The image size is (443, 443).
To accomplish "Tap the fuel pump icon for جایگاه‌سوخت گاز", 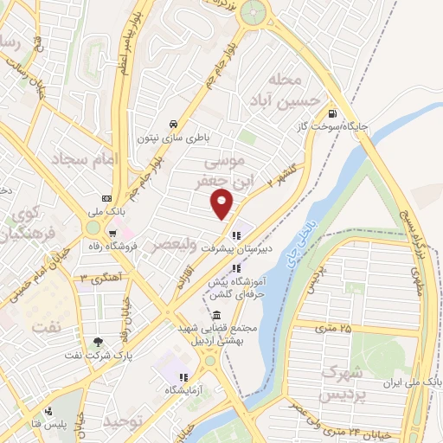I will tap(332, 113).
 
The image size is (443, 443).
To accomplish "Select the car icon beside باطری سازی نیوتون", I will tap(175, 124).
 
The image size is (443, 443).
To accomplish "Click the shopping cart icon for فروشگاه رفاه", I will tap(112, 234).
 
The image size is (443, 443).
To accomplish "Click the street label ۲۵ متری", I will tap(333, 329).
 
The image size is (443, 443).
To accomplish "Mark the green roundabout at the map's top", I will tap(254, 12).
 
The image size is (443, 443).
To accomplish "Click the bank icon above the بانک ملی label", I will tap(106, 197).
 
